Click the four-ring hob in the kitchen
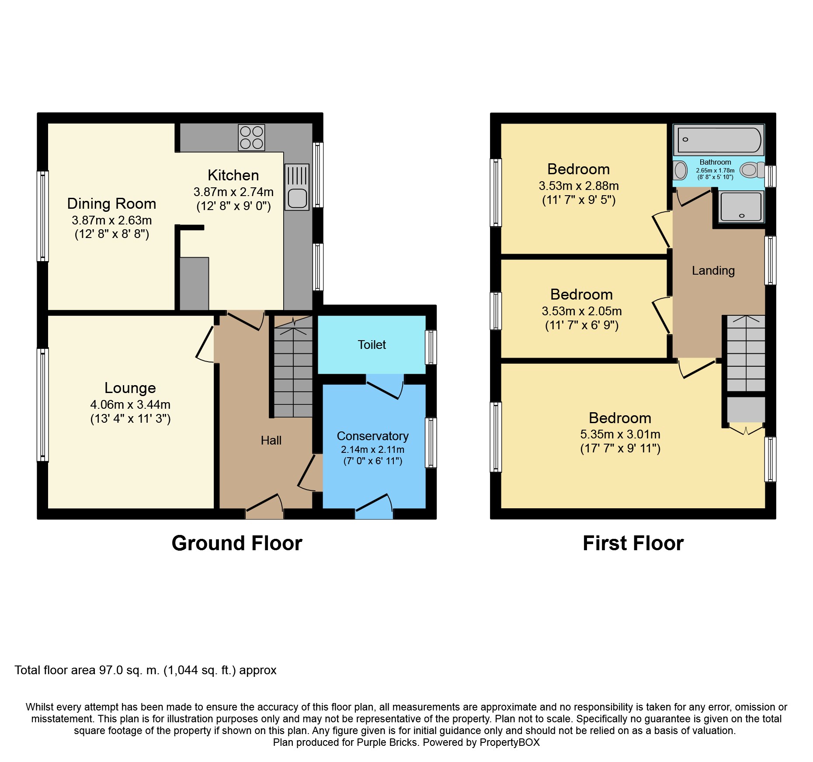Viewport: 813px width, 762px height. click(x=251, y=138)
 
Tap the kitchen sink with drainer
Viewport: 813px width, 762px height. click(x=297, y=186)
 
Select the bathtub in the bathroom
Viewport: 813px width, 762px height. click(x=719, y=140)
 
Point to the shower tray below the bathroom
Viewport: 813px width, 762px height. click(x=741, y=206)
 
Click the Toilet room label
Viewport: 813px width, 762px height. click(x=372, y=345)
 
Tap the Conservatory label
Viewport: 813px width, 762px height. click(x=373, y=436)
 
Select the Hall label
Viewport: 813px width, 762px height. click(x=271, y=440)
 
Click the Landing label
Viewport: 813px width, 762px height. click(x=713, y=271)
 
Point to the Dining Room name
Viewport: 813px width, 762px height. click(x=111, y=203)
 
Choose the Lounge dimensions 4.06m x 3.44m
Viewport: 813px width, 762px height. click(x=130, y=404)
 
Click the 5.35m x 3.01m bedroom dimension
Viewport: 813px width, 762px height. click(x=620, y=434)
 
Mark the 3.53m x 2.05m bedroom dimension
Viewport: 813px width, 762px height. click(x=582, y=311)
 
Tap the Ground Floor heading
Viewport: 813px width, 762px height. click(x=237, y=543)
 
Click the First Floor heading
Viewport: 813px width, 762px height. click(x=633, y=543)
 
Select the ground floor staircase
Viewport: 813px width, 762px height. click(x=293, y=366)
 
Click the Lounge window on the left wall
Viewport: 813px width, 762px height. click(x=42, y=405)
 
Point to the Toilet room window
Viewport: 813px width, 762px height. click(x=431, y=347)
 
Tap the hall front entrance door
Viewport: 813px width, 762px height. click(x=264, y=506)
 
